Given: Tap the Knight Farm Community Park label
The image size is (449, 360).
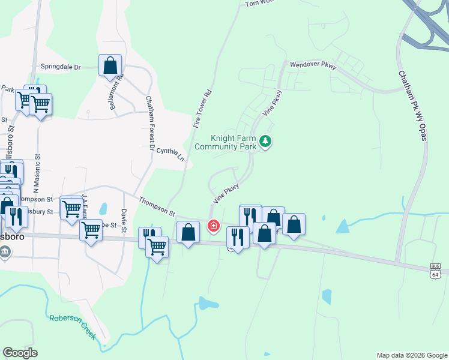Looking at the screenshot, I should [226, 142].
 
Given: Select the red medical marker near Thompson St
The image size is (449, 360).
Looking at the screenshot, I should [213, 226].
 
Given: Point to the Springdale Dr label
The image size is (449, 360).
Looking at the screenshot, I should [61, 67].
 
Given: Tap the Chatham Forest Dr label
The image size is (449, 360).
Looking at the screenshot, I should [149, 122].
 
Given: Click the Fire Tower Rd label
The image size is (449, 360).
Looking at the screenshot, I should [203, 109].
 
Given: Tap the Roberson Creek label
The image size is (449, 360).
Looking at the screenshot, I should [73, 326].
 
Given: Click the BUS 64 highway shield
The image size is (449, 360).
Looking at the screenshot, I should [435, 270].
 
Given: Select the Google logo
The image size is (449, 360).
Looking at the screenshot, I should [20, 353].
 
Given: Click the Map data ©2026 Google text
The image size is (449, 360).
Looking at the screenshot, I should [412, 355].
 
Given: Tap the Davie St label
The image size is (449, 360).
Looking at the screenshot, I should [124, 220].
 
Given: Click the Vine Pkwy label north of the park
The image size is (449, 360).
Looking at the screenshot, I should [271, 103].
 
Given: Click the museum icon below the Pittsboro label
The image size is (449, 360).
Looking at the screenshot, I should [5, 251].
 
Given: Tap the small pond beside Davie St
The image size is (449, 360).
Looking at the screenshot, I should [103, 209].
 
